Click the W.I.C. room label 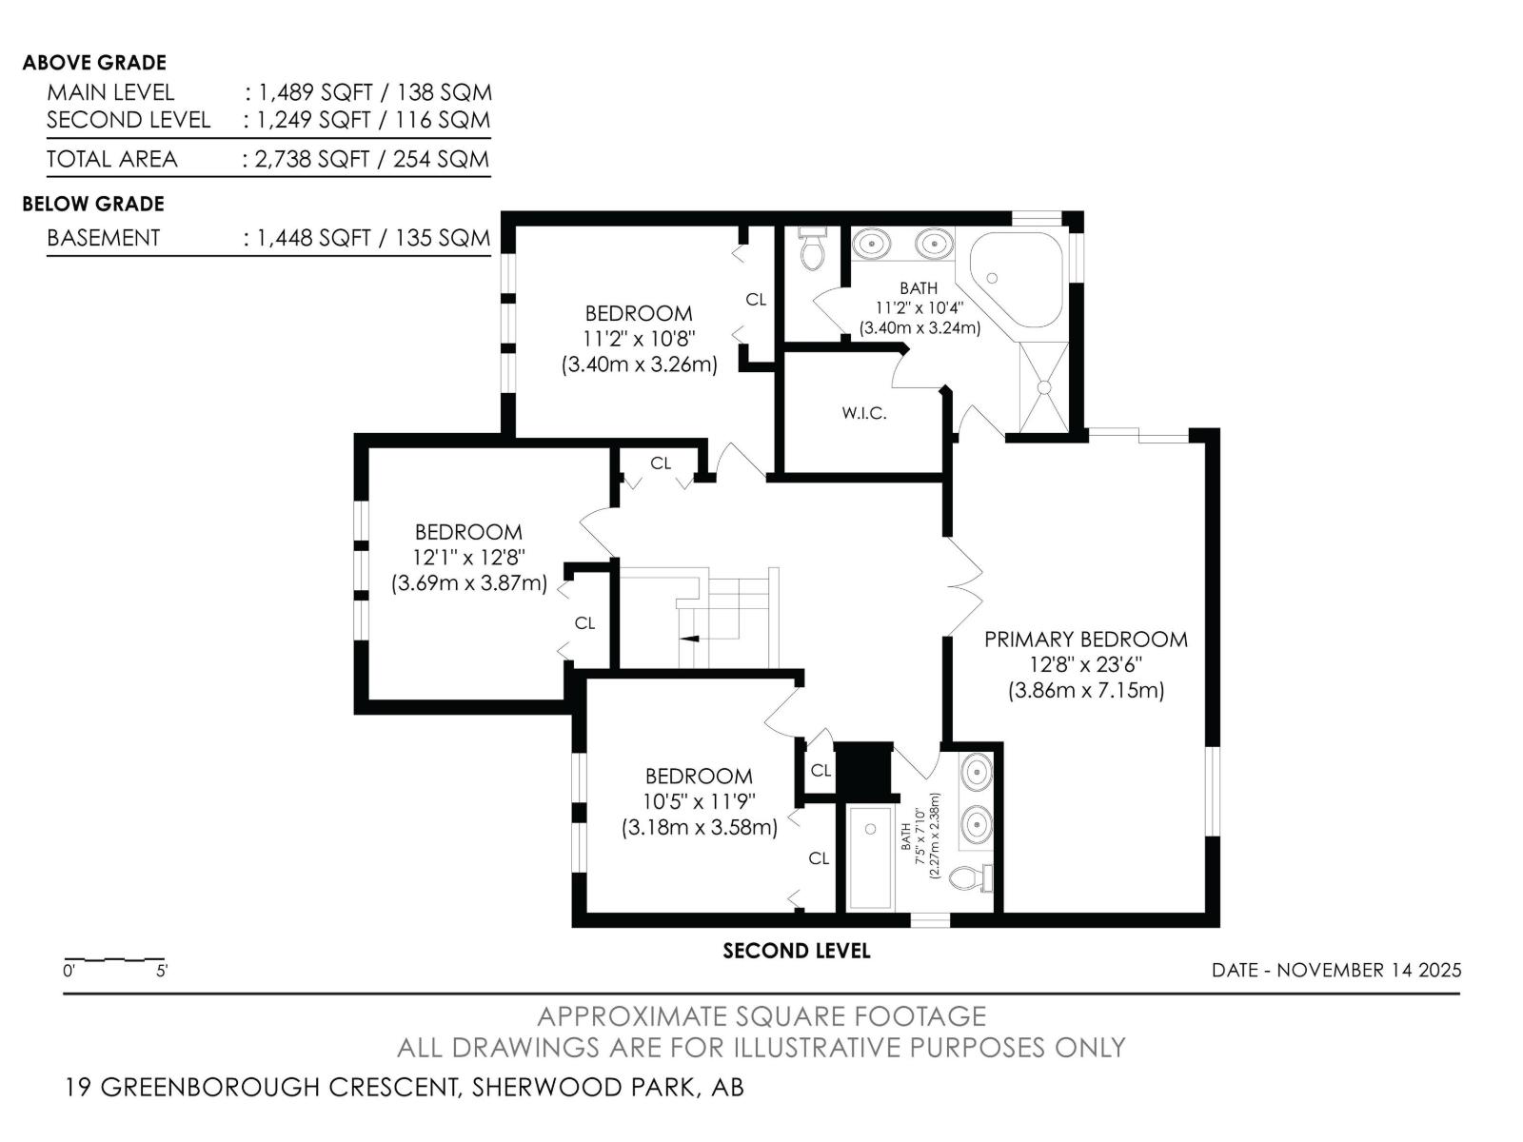[x=863, y=413]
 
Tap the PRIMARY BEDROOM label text [x=1085, y=640]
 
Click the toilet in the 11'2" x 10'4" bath [x=813, y=249]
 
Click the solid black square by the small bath [x=864, y=768]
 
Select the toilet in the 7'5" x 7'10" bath [x=971, y=876]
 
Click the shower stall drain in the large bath [x=1043, y=387]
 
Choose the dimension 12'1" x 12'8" [x=468, y=558]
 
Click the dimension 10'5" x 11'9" [x=699, y=802]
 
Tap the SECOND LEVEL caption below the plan [x=796, y=951]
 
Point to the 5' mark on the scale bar [x=162, y=972]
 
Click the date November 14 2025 [x=1368, y=971]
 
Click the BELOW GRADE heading [x=93, y=204]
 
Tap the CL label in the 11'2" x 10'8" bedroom [x=756, y=300]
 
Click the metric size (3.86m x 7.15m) [x=1085, y=691]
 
